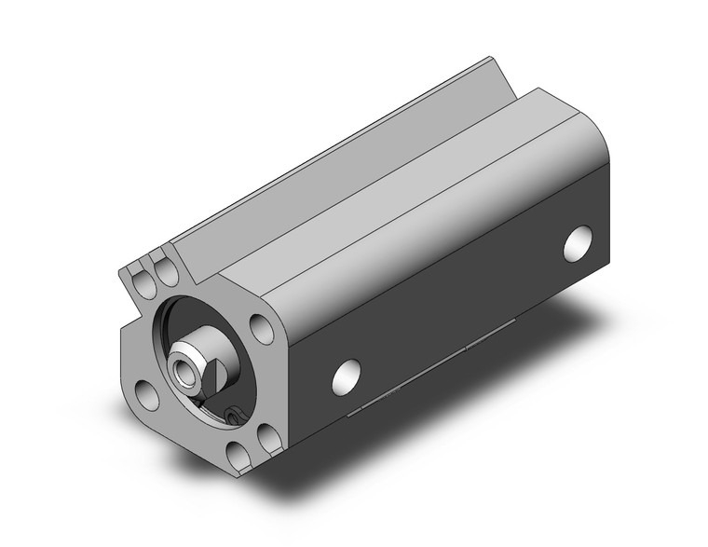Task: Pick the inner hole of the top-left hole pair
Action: pyautogui.click(x=168, y=272)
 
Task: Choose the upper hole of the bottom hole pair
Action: pyautogui.click(x=266, y=436)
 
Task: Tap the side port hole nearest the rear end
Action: pyautogui.click(x=579, y=241)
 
